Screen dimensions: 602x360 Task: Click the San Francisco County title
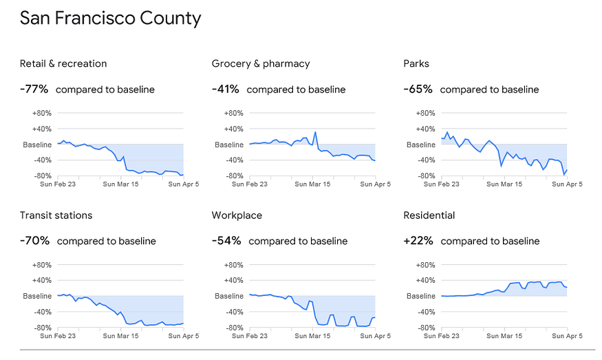click(111, 19)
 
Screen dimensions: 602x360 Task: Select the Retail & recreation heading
click(63, 64)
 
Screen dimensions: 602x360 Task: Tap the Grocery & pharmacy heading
click(261, 64)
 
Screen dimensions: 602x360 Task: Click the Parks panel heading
click(416, 64)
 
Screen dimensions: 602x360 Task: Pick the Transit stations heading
click(56, 215)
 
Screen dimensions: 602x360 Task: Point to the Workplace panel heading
click(237, 215)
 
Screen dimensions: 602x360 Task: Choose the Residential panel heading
click(429, 215)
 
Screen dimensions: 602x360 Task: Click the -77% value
click(34, 89)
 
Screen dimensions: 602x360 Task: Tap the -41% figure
click(226, 89)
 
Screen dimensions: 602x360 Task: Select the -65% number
click(418, 89)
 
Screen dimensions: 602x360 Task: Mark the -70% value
click(34, 241)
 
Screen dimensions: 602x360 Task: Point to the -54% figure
click(226, 241)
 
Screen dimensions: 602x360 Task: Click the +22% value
click(418, 241)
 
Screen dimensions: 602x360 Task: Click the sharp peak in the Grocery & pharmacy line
click(315, 132)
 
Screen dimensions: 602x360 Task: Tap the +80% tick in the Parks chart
click(425, 114)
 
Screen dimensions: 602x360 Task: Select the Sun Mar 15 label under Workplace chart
click(312, 336)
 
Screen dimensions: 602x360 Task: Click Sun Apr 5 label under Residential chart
click(567, 336)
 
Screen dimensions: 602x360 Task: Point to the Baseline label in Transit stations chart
click(37, 296)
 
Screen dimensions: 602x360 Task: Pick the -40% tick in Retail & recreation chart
click(42, 160)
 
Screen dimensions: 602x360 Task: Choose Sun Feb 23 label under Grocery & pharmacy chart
click(250, 184)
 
